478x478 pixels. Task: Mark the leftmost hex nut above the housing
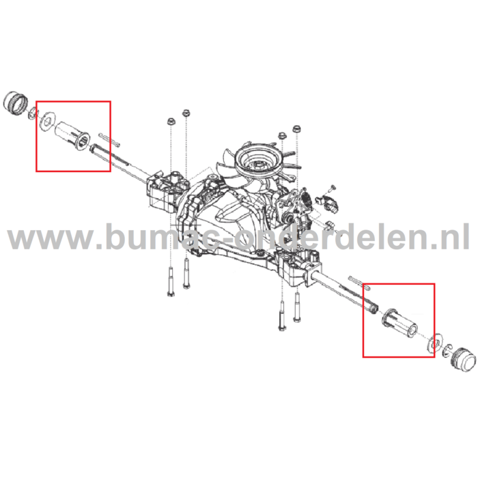(170, 122)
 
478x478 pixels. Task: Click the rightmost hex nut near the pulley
(296, 130)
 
